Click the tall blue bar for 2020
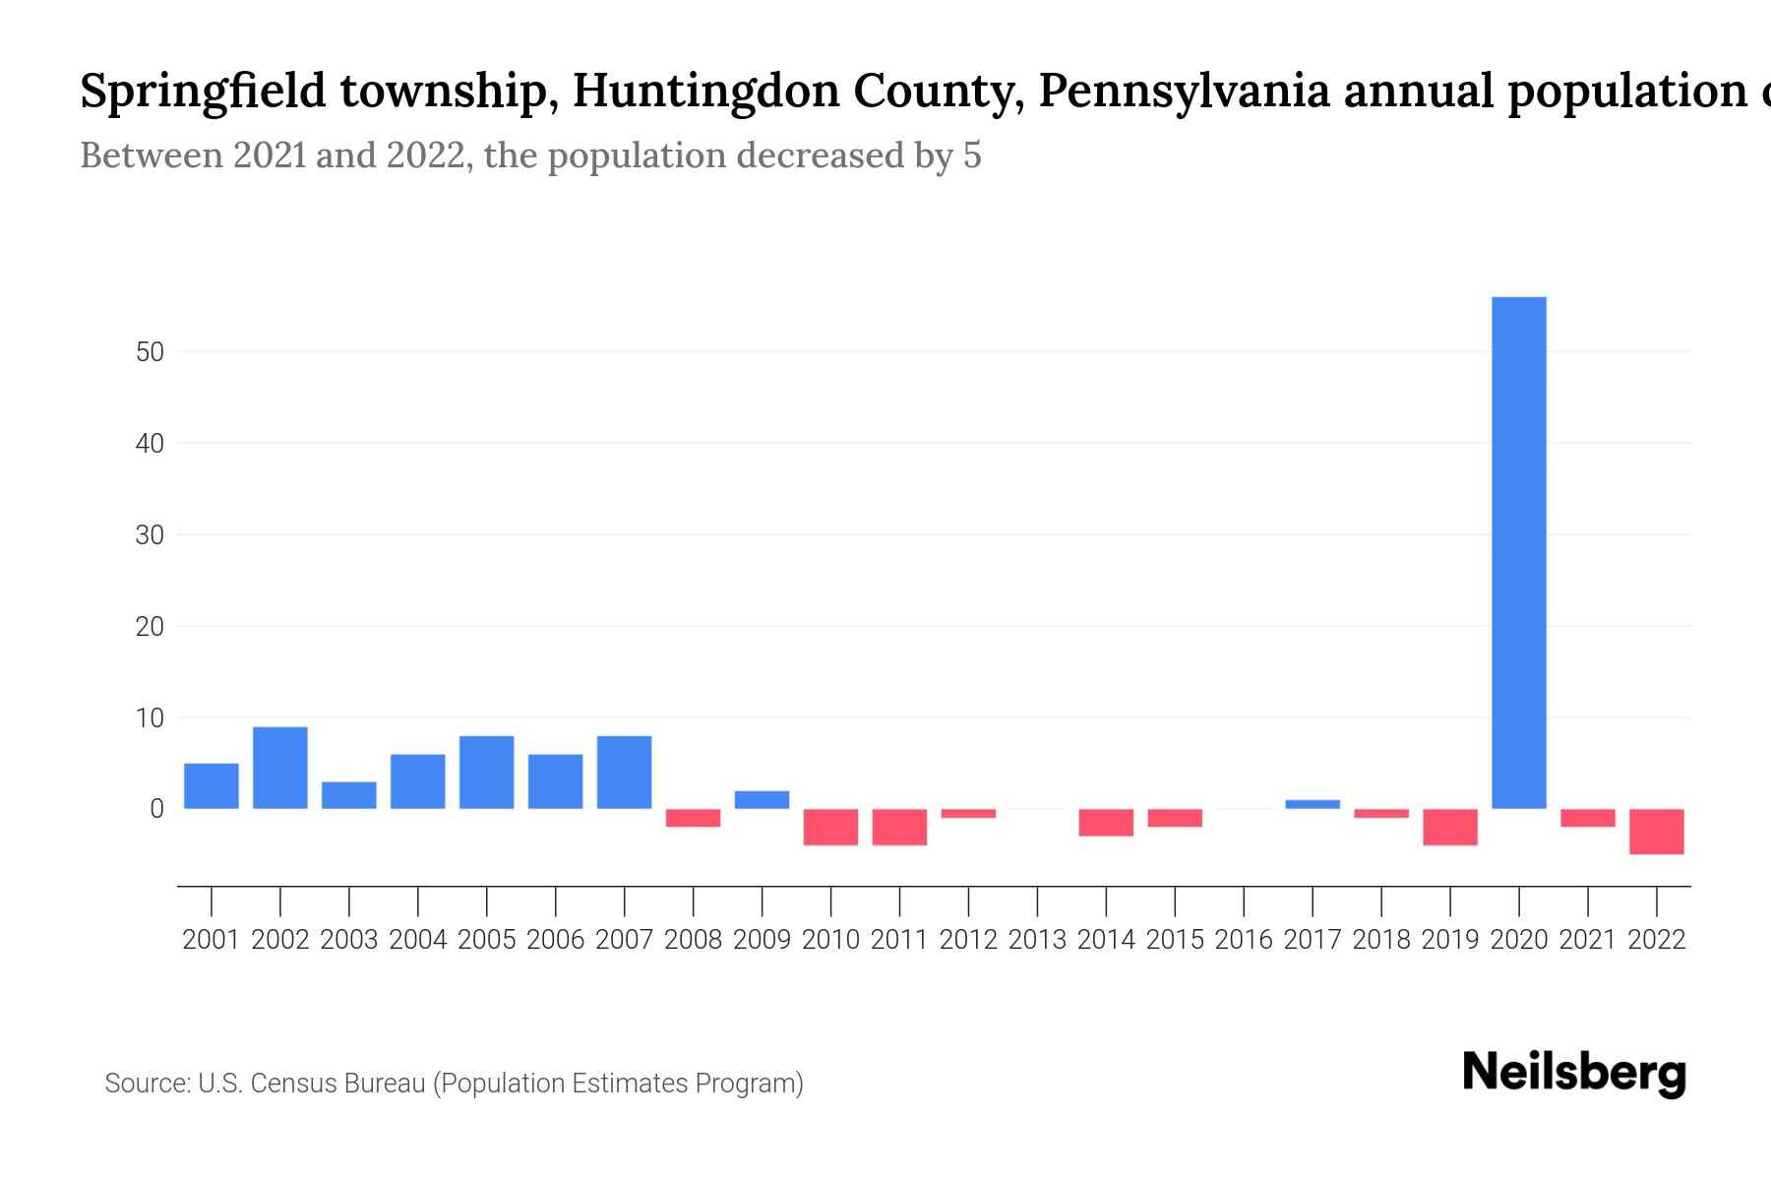(x=1518, y=552)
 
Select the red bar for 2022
(x=1656, y=831)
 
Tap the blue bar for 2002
(x=280, y=768)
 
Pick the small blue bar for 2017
(x=1313, y=804)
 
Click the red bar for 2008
(x=693, y=818)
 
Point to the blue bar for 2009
(x=762, y=799)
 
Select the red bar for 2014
(x=1106, y=822)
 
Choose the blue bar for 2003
(x=349, y=795)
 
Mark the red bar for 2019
(x=1449, y=827)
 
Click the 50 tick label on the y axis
(x=150, y=351)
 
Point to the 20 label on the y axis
(x=150, y=626)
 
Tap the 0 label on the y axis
(x=156, y=809)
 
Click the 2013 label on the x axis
(x=1037, y=940)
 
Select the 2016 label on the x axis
(x=1244, y=940)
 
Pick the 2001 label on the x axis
(x=212, y=940)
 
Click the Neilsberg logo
(x=1574, y=1074)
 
